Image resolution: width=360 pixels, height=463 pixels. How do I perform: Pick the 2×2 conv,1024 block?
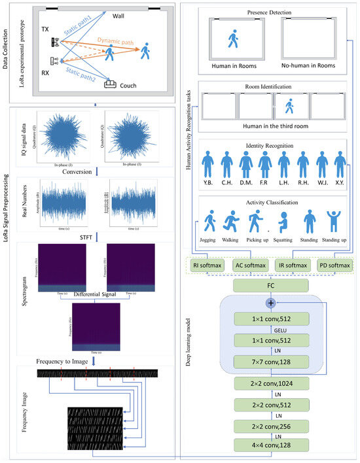[x=270, y=384]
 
